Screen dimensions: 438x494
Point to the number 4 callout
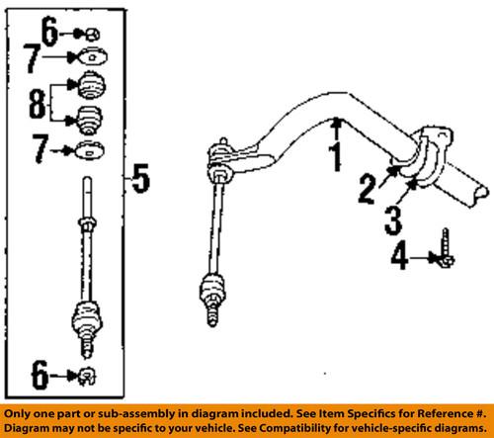pyautogui.click(x=398, y=259)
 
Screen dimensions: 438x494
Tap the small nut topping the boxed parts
pyautogui.click(x=89, y=33)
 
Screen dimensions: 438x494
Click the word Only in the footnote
pyautogui.click(x=22, y=413)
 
